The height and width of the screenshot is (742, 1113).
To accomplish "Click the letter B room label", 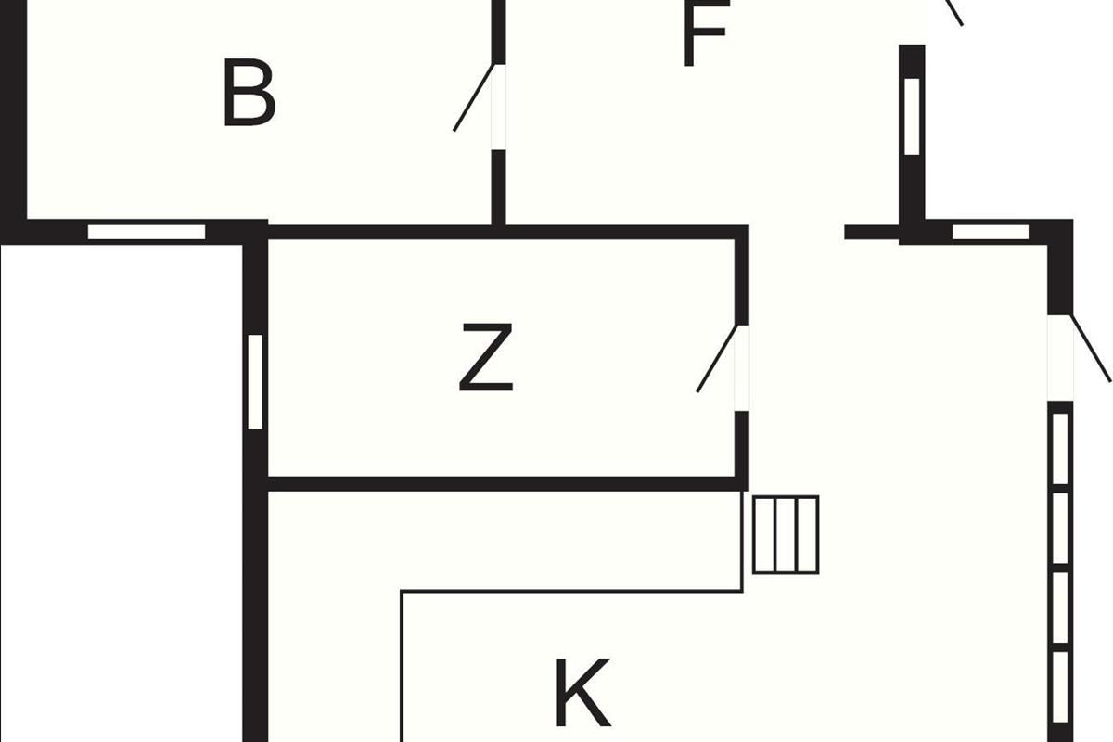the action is point(249,93).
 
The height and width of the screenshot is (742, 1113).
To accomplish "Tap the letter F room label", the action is point(707,32).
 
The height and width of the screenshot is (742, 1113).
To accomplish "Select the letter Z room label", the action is point(485,357).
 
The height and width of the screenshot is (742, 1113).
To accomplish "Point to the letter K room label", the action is point(582,692).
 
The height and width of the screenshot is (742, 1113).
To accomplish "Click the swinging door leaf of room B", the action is point(474,97).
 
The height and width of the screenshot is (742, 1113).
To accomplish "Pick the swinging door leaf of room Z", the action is point(717,359).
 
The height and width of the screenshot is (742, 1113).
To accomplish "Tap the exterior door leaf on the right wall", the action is point(1090,349).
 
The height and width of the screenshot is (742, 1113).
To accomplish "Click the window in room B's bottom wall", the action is point(147,232).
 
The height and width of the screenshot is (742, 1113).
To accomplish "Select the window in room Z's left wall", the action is point(255,382).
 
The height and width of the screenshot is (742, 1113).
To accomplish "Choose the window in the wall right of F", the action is point(913,116).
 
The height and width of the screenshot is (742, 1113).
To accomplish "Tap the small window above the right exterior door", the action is point(991,232).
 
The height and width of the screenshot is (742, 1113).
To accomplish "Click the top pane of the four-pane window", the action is point(1060,448).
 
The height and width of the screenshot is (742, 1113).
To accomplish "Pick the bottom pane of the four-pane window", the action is point(1060,688).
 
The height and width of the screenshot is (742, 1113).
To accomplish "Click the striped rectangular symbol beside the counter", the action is point(786,535).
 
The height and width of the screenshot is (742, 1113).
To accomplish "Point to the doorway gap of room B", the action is point(498,107).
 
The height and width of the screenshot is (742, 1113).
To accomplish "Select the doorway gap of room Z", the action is point(742,368).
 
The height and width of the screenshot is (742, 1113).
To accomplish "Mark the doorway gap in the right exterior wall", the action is point(1060,358).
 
